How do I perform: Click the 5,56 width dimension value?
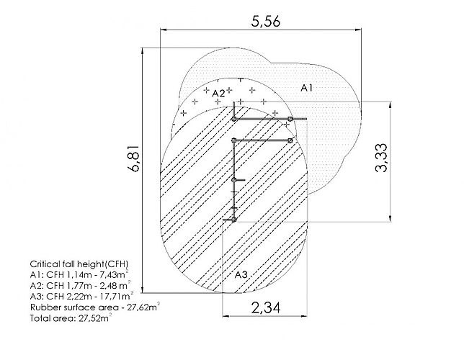(265, 22)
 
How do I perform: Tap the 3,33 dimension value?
(381, 158)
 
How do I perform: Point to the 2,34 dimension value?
(266, 307)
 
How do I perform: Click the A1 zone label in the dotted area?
(307, 88)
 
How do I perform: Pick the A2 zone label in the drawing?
(218, 94)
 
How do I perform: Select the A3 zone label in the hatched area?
(241, 275)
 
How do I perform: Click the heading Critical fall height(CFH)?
(79, 264)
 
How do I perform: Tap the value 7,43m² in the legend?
(113, 274)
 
